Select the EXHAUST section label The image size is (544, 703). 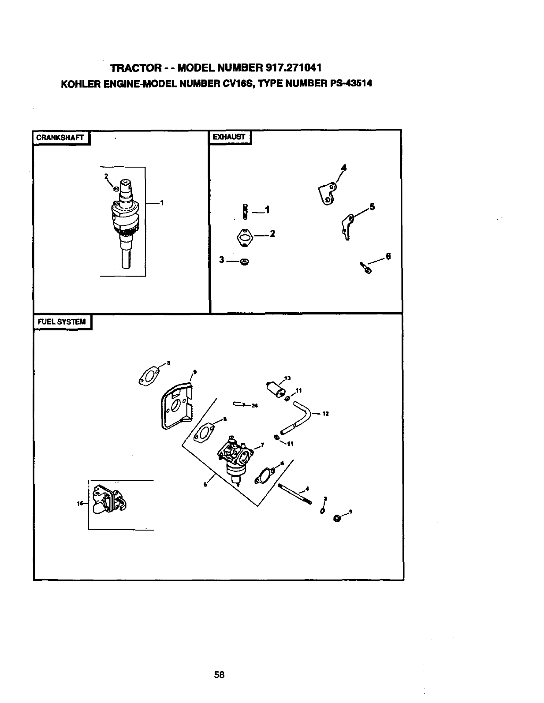228,137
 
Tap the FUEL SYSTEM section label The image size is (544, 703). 62,322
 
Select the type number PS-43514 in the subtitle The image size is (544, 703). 351,83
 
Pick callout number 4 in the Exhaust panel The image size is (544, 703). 343,168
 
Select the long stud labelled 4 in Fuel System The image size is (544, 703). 295,494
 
